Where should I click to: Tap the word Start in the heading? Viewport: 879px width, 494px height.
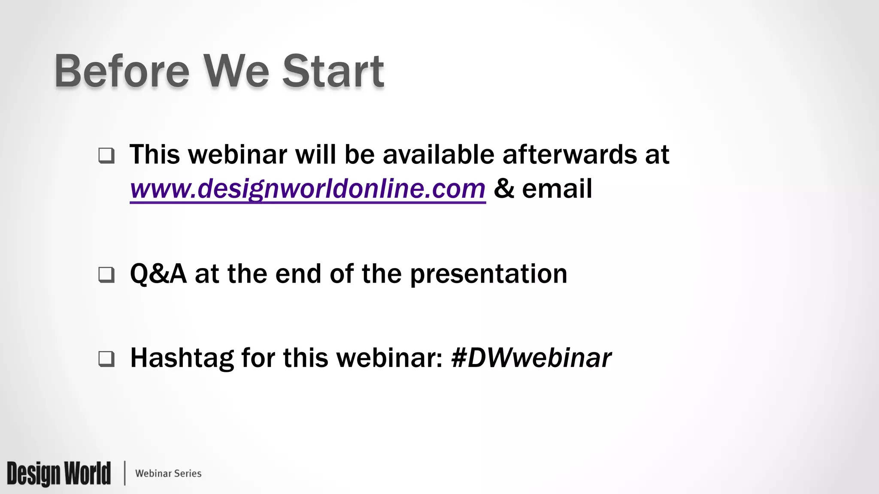(x=333, y=71)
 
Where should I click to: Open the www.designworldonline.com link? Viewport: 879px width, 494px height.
(x=307, y=189)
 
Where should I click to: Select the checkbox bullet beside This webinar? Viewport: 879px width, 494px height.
(x=106, y=155)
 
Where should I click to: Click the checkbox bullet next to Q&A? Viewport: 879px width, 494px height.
(x=106, y=274)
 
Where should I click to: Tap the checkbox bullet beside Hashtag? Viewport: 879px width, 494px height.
(x=106, y=358)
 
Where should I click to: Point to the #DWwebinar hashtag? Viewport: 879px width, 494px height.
(x=531, y=358)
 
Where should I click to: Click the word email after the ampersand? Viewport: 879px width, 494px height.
(x=557, y=189)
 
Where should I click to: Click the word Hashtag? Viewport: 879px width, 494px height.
(x=182, y=358)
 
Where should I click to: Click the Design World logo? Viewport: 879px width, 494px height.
(x=59, y=473)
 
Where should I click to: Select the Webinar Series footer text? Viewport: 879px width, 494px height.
(x=168, y=473)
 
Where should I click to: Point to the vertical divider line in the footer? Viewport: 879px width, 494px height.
(x=125, y=473)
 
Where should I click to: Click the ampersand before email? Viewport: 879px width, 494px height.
(x=504, y=189)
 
